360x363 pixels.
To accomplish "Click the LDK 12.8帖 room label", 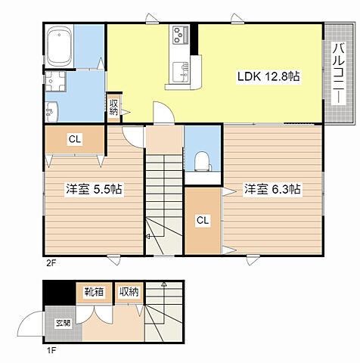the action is point(268,76).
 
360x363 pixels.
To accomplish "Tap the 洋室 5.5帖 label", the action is point(94,189).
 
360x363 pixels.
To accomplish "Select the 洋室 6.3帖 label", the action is point(272,189).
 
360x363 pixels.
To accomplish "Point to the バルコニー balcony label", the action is point(338,73).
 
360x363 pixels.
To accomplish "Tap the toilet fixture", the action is point(203,161).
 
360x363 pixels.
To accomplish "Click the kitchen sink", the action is point(181,72).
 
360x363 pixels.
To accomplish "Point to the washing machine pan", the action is point(55,81).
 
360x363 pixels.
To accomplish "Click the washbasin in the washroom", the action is point(51,111).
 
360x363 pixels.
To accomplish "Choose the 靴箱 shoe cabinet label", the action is point(94,292).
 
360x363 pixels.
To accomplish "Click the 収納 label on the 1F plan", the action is point(129,292).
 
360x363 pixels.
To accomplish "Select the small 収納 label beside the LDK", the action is point(113,107).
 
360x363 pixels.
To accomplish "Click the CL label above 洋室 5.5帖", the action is point(75,139).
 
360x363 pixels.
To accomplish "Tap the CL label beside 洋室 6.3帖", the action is point(203,220).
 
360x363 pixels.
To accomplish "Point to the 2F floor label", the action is point(50,263).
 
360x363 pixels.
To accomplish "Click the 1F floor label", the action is point(50,351).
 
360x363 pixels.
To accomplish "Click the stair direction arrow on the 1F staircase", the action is point(164,302).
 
